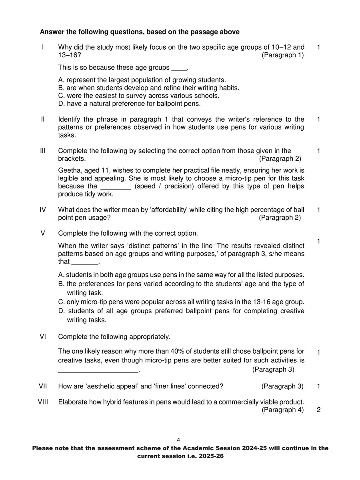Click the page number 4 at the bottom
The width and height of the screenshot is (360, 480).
coord(178,440)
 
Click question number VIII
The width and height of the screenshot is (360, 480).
coord(43,402)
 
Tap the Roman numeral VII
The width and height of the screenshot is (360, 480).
coord(43,386)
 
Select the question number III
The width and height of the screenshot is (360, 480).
coord(43,151)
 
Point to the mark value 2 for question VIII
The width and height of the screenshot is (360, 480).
coord(318,410)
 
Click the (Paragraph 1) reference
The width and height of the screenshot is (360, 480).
coord(282,55)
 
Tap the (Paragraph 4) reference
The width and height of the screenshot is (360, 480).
coord(282,410)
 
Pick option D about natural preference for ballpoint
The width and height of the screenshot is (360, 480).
coord(129,104)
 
